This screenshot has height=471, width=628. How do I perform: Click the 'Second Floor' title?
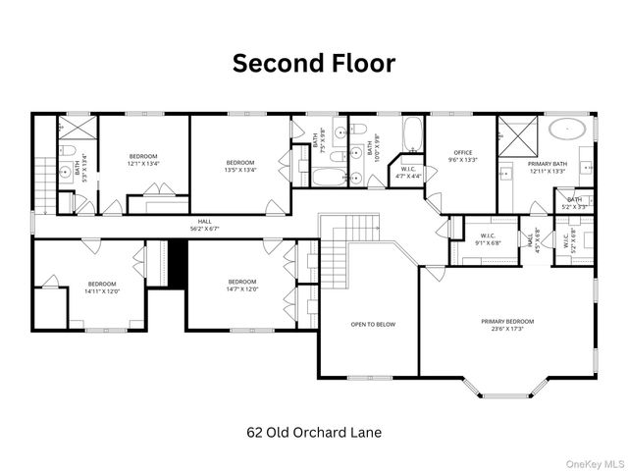[313, 63]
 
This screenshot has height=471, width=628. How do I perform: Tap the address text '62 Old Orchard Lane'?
[313, 432]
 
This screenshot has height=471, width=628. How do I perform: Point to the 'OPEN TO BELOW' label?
[373, 324]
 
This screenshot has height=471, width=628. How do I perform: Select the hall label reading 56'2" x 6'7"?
[204, 225]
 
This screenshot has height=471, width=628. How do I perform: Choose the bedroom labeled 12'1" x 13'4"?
[143, 160]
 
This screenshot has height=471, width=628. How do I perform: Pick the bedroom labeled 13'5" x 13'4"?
[240, 166]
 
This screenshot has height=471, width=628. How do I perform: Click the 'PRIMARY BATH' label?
[548, 167]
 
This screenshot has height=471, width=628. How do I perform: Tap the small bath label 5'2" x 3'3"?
[574, 203]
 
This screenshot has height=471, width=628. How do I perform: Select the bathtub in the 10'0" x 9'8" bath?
[412, 131]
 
